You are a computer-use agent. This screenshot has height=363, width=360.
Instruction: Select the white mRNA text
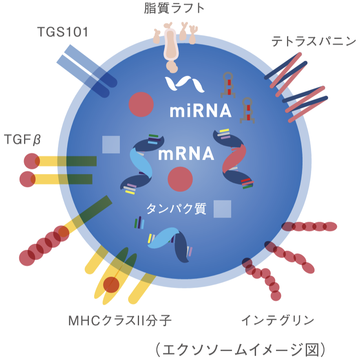[x=186, y=154]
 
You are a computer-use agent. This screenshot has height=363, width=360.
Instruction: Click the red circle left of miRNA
[x=141, y=105]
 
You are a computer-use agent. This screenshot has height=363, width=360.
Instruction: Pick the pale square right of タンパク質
[x=222, y=209]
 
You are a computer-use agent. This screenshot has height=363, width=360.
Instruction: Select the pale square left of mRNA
[x=111, y=145]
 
